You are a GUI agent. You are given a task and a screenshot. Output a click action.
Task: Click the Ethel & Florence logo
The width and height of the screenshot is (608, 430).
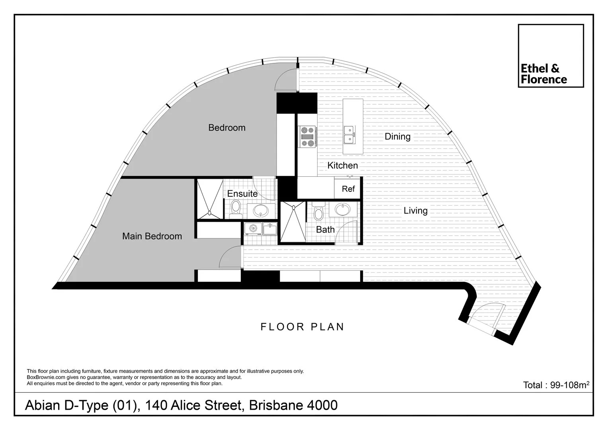click(550, 56)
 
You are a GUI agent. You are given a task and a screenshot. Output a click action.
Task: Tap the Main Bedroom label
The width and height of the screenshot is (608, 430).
click(152, 236)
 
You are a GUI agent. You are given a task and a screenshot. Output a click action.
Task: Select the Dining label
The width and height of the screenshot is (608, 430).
click(397, 137)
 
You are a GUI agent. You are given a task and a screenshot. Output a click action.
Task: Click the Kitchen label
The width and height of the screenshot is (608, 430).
click(342, 165)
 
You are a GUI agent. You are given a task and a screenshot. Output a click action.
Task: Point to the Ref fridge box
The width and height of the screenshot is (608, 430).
click(348, 189)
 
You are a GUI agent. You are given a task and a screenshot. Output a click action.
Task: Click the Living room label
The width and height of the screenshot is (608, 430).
click(415, 211)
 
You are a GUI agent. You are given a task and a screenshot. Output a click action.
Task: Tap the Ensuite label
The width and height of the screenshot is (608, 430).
click(242, 193)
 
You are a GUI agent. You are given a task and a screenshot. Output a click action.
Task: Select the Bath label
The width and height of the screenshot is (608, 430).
click(325, 230)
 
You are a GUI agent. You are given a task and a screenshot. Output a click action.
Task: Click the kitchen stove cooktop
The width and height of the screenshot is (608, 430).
click(307, 137)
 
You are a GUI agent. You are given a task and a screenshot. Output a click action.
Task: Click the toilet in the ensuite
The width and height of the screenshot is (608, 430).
click(235, 208)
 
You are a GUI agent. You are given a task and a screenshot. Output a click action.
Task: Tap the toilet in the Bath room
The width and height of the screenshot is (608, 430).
click(318, 212)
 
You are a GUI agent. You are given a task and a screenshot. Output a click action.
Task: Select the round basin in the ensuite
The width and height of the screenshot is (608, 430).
click(261, 210)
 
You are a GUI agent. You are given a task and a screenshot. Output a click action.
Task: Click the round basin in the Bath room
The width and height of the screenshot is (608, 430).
click(341, 209)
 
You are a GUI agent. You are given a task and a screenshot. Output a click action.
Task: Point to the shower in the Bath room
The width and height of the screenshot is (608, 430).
click(293, 222)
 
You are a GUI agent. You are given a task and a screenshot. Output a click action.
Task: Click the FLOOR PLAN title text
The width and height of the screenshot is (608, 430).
click(302, 327)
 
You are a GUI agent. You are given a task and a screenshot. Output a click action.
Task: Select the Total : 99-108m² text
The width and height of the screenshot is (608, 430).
click(556, 385)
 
